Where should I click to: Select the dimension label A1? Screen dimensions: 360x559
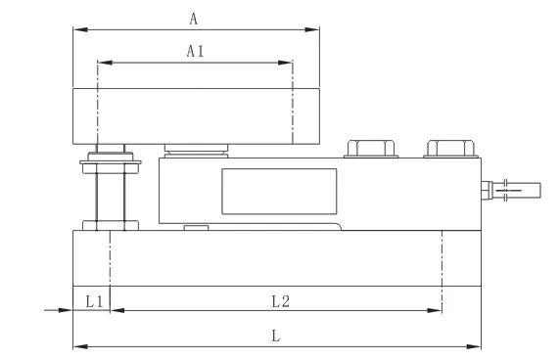[x=195, y=52]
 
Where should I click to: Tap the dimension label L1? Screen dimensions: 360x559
[x=93, y=301]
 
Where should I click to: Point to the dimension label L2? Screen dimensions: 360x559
[x=279, y=301]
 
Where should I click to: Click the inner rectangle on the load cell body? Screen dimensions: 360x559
[x=279, y=192]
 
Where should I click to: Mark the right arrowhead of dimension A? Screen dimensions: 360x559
[x=314, y=29]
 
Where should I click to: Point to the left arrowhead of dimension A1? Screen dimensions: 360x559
[x=104, y=64]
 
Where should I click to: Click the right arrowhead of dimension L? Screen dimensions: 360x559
[x=476, y=346]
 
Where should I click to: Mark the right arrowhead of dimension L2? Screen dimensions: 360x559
[x=436, y=311]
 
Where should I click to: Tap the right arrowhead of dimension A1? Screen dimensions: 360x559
[x=287, y=64]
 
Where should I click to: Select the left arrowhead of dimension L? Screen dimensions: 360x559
[x=78, y=346]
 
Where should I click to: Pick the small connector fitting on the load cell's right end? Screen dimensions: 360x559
[x=487, y=189]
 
